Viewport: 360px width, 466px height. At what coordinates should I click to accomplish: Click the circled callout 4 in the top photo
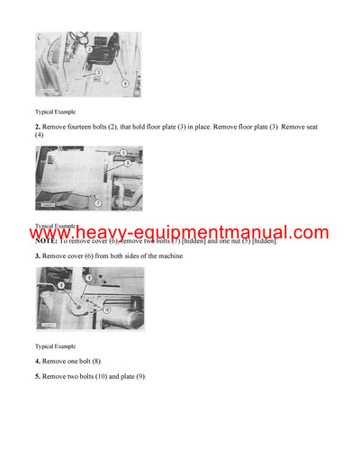tap(124, 83)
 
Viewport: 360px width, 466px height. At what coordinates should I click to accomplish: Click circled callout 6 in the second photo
tap(128, 164)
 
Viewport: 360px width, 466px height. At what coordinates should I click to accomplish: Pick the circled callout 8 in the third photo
tap(61, 285)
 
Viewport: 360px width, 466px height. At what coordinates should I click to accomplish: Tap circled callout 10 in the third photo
tap(106, 309)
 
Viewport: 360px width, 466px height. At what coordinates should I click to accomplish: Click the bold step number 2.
tap(38, 127)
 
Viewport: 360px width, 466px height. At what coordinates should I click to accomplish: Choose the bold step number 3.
tap(38, 256)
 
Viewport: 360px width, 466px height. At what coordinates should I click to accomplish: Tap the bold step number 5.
tap(38, 375)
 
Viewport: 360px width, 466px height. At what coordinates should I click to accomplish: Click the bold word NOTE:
tap(46, 241)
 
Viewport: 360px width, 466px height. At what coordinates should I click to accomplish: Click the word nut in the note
tap(231, 241)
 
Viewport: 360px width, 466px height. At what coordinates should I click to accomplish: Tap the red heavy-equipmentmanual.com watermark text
tap(180, 233)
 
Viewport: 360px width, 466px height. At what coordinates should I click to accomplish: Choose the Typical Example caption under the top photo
tap(55, 112)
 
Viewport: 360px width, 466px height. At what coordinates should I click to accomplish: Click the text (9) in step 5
tap(139, 375)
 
